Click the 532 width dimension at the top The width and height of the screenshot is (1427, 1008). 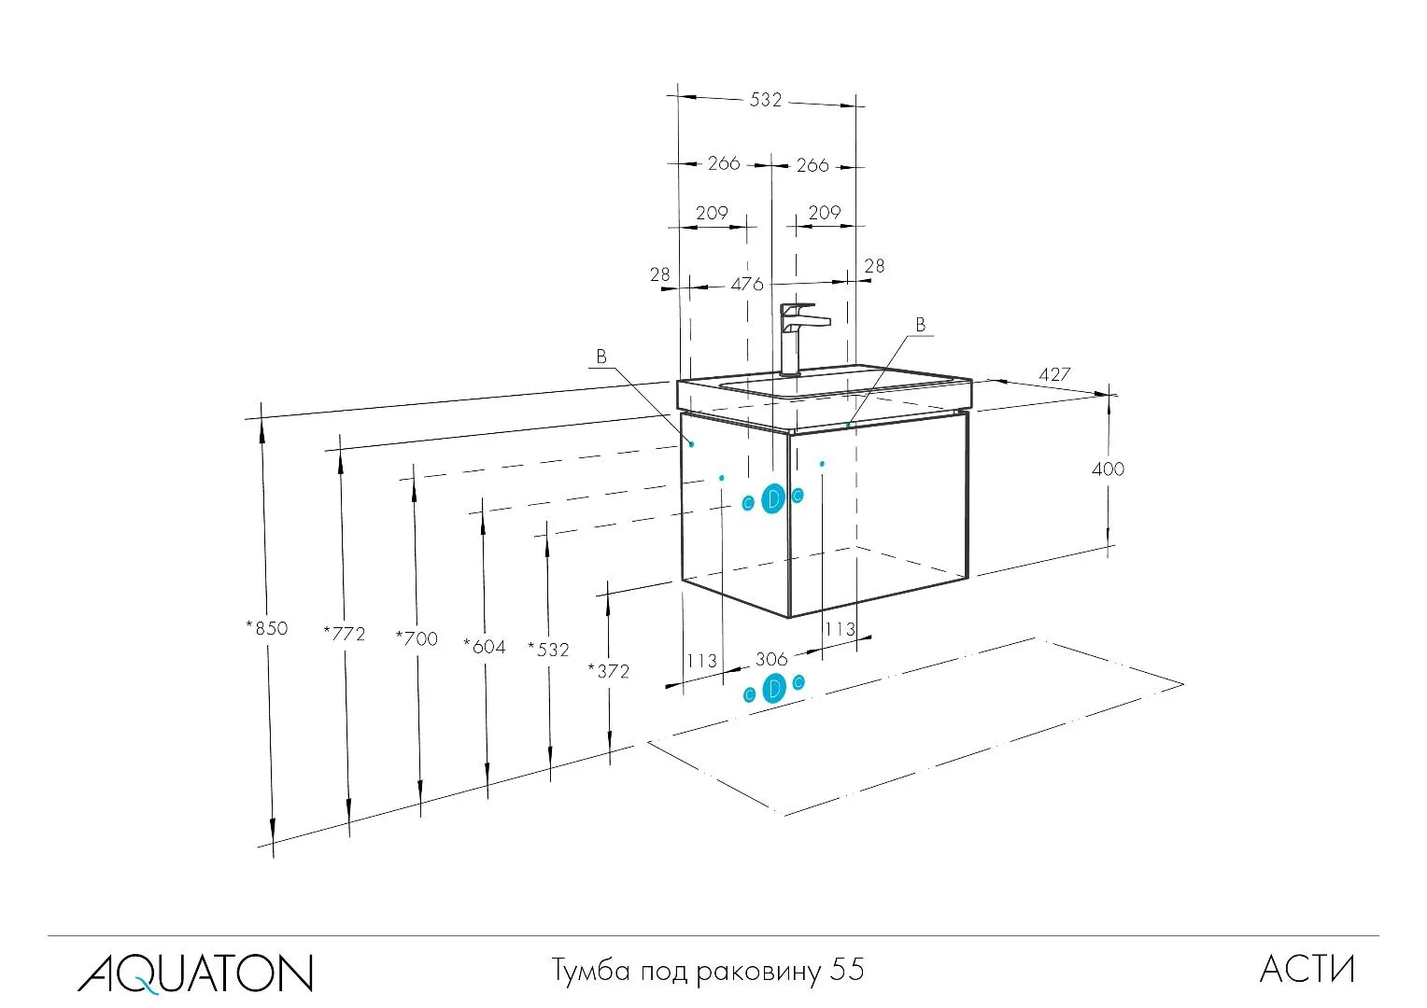point(765,100)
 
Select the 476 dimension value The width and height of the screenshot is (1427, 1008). point(746,284)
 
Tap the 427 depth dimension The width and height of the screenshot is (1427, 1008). point(1054,374)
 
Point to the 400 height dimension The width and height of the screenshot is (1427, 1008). point(1108,469)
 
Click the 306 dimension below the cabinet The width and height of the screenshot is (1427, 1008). point(771,660)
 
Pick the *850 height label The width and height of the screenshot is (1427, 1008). point(267,628)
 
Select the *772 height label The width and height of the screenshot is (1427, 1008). point(344,634)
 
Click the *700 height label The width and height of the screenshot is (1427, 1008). point(417,639)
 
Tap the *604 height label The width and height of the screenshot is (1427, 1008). point(485,646)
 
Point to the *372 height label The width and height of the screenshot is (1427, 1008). point(609,671)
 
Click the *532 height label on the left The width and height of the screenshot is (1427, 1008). point(548,650)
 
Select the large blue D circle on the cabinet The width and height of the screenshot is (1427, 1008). point(773,499)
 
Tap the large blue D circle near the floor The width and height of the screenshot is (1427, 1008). point(774,690)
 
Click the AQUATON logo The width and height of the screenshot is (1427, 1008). point(195,972)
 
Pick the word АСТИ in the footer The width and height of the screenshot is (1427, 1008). point(1307,970)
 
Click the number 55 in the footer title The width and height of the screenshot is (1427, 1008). point(847,971)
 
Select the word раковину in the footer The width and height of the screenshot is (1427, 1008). point(756,973)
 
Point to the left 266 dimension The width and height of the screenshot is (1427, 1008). point(723,163)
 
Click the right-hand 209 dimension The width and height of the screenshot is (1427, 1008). point(824,213)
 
